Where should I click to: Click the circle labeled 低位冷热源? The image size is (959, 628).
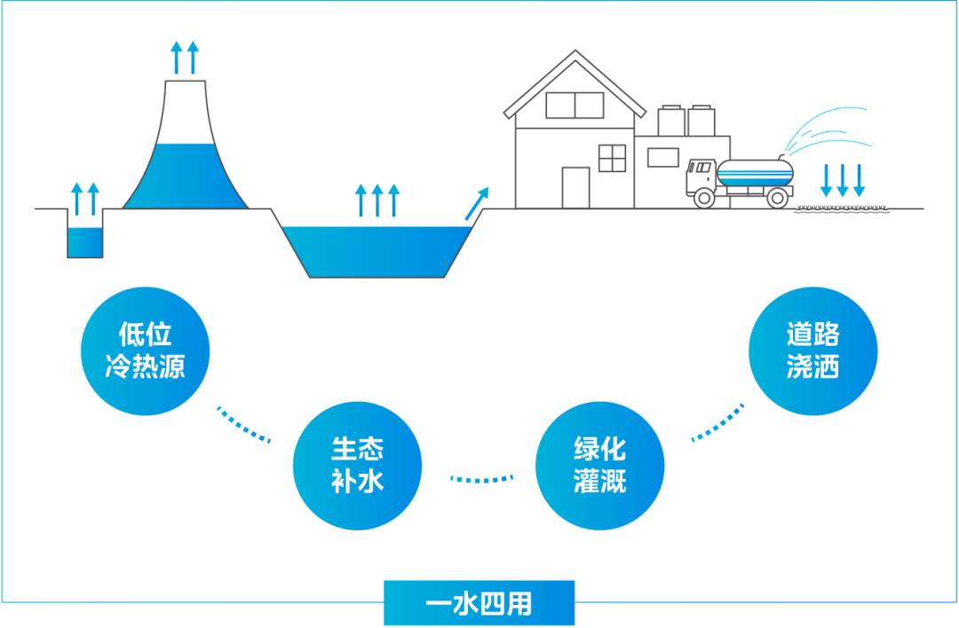pyautogui.click(x=145, y=350)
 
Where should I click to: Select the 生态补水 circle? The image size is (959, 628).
pyautogui.click(x=357, y=466)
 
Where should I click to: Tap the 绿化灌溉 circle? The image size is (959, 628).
pyautogui.click(x=599, y=465)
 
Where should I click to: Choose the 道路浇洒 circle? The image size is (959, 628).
pyautogui.click(x=812, y=349)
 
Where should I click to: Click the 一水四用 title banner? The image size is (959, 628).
pyautogui.click(x=479, y=604)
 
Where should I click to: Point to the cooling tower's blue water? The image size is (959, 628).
pyautogui.click(x=186, y=177)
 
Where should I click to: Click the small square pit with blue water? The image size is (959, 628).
pyautogui.click(x=85, y=242)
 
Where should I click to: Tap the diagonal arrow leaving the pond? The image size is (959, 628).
pyautogui.click(x=477, y=201)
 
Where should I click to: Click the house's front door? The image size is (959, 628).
pyautogui.click(x=575, y=188)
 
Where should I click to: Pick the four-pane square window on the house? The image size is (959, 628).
pyautogui.click(x=613, y=158)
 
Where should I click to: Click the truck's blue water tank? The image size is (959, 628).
pyautogui.click(x=756, y=173)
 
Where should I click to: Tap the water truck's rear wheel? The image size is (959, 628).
pyautogui.click(x=778, y=198)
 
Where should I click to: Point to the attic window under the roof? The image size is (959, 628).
pyautogui.click(x=574, y=105)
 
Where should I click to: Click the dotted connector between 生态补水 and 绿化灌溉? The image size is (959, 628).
pyautogui.click(x=481, y=479)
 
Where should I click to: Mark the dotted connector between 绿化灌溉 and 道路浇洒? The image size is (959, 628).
pyautogui.click(x=718, y=425)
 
